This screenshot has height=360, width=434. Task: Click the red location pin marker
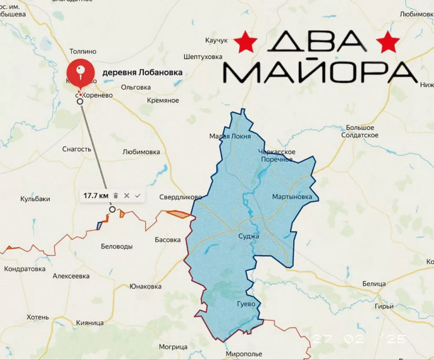click(x=82, y=69)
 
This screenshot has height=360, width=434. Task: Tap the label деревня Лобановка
click(x=142, y=72)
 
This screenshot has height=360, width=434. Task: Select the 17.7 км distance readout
click(x=96, y=196)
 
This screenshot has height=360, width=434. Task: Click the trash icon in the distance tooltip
click(x=116, y=196)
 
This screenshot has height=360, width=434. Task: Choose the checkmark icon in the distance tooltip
click(x=137, y=196)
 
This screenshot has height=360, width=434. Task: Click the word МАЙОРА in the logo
click(x=320, y=72)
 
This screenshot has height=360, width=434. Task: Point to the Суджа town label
click(x=249, y=236)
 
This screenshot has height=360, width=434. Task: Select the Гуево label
click(x=246, y=304)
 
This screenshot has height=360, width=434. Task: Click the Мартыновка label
click(x=292, y=197)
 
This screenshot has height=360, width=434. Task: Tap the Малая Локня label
click(x=230, y=136)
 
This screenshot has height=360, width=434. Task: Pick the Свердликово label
click(x=181, y=197)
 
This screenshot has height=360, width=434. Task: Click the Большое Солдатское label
click(x=360, y=131)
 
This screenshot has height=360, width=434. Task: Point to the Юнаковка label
click(x=145, y=286)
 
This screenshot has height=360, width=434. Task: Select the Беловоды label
click(x=117, y=246)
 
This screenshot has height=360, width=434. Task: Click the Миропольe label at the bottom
click(x=244, y=354)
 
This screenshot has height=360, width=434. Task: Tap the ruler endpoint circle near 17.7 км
click(x=112, y=209)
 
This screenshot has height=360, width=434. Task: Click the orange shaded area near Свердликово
click(x=178, y=214)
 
